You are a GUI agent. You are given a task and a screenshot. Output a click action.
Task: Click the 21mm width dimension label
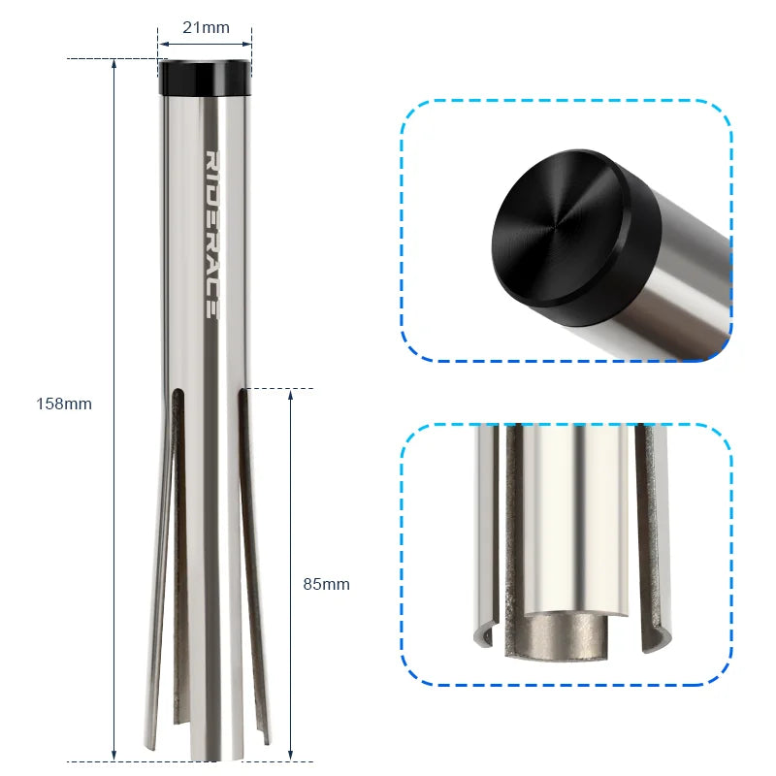[x=206, y=27]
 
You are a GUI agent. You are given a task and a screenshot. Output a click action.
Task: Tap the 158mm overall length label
[x=64, y=404]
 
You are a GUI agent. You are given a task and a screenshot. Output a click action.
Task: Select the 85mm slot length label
[x=326, y=584]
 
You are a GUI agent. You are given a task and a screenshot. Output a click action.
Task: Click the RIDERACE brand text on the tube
[x=210, y=234]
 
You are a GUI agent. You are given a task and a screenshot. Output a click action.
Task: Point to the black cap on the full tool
[x=206, y=78]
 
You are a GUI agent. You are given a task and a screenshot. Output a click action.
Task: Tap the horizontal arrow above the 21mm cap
[x=206, y=44]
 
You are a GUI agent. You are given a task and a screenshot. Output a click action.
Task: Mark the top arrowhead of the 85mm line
[x=291, y=395]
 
